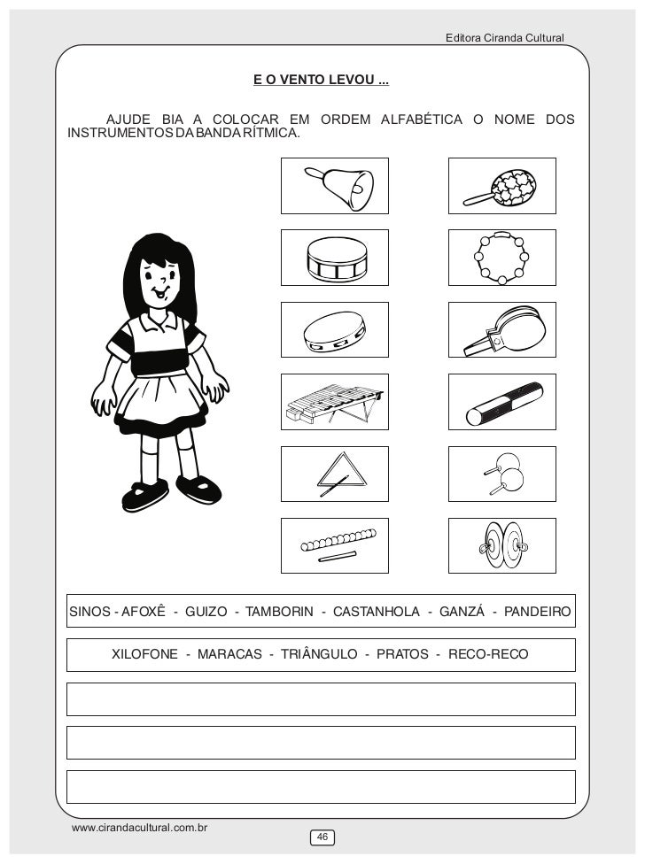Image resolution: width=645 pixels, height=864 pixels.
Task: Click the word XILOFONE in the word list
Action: click(144, 654)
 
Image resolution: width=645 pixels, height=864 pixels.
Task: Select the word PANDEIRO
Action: click(539, 612)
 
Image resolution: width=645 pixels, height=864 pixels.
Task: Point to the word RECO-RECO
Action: click(488, 654)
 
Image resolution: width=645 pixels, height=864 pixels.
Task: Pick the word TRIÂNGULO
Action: click(318, 654)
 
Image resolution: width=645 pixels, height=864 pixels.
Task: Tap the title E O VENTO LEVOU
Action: click(320, 81)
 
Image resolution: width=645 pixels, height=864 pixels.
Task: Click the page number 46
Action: click(322, 837)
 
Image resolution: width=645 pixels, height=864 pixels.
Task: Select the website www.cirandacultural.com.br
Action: click(139, 828)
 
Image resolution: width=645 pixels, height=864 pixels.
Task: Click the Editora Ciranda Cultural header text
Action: click(504, 38)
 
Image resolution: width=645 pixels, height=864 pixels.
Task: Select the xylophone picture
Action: click(334, 401)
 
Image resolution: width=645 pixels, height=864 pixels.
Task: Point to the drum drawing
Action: click(335, 258)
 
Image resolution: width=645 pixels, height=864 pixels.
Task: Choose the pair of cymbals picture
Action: click(501, 544)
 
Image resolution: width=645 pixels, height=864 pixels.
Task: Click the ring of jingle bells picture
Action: click(501, 258)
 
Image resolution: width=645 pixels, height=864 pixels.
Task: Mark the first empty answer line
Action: click(321, 698)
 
